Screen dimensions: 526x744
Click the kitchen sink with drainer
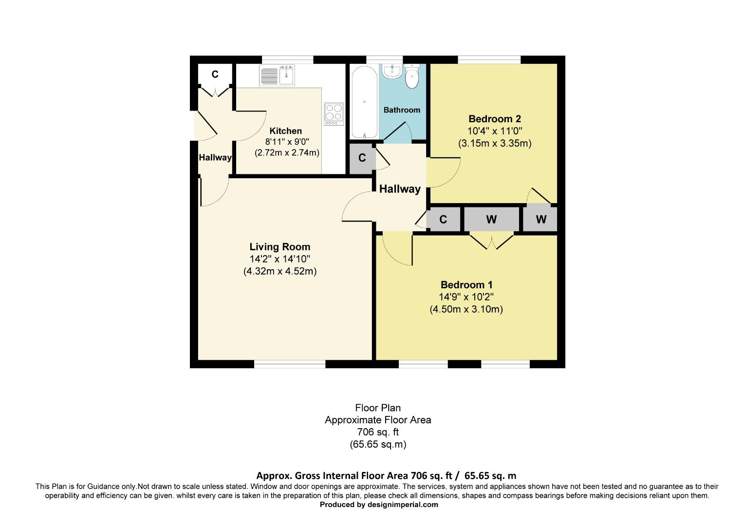pyautogui.click(x=278, y=76)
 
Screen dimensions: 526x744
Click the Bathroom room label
pyautogui.click(x=402, y=110)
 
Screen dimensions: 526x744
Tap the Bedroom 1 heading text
pyautogui.click(x=466, y=285)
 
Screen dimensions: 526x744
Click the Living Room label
pyautogui.click(x=280, y=247)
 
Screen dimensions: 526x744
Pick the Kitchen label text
pyautogui.click(x=286, y=131)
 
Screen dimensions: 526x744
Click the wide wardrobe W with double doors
pyautogui.click(x=491, y=220)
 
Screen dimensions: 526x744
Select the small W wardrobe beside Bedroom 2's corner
pyautogui.click(x=540, y=220)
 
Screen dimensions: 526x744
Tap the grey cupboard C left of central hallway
pyautogui.click(x=362, y=158)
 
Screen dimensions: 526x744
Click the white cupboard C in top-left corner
pyautogui.click(x=215, y=75)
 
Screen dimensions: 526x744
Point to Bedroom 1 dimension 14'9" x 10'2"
pyautogui.click(x=466, y=297)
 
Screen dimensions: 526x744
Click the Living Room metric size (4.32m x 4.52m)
pyautogui.click(x=280, y=271)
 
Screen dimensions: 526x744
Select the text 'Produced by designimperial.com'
pyautogui.click(x=378, y=505)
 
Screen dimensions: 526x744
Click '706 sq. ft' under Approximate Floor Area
pyautogui.click(x=378, y=432)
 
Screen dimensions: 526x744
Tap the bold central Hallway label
pyautogui.click(x=400, y=189)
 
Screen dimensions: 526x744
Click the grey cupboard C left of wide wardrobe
pyautogui.click(x=443, y=220)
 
